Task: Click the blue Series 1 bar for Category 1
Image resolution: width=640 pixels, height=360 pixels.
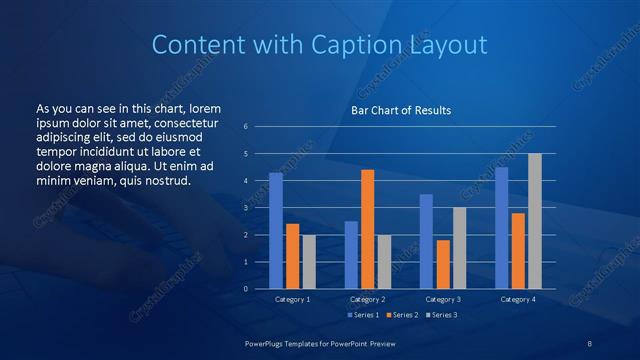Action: [275, 230]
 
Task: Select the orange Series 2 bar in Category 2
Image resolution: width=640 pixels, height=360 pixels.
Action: [367, 229]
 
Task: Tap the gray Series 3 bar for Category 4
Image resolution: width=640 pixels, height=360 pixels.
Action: [534, 221]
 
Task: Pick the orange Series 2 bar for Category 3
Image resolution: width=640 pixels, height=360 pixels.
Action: [443, 264]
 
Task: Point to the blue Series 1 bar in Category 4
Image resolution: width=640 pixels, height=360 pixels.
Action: [501, 228]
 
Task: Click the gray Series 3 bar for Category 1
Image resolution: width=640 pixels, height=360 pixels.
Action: [309, 262]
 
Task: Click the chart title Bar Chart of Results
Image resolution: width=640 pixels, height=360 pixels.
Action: [400, 110]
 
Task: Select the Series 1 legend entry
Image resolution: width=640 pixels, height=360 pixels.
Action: [363, 315]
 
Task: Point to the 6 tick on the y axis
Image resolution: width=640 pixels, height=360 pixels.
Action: [246, 127]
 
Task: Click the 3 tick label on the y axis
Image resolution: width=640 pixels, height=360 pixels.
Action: [246, 208]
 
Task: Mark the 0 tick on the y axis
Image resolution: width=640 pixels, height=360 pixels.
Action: [246, 289]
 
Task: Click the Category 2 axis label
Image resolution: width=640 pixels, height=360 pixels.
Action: [368, 299]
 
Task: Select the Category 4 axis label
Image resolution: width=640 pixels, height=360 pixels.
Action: [517, 299]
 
